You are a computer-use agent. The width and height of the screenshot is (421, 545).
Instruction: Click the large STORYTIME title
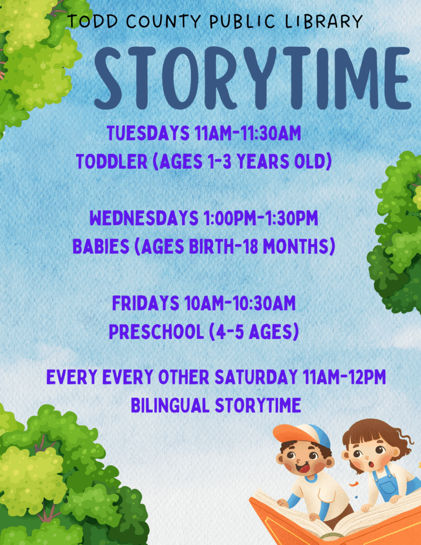tap(253, 78)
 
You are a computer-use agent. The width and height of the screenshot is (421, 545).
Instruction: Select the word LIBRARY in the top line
tap(324, 21)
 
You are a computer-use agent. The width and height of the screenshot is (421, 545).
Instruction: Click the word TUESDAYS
tap(148, 133)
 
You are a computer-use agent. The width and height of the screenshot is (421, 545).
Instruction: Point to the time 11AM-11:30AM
tap(248, 133)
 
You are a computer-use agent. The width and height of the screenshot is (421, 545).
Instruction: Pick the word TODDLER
tap(112, 162)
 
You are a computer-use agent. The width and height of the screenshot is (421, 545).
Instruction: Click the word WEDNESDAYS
tap(144, 218)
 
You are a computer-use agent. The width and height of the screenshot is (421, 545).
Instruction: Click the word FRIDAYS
tap(146, 303)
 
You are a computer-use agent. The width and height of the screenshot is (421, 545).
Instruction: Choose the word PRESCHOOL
tap(156, 332)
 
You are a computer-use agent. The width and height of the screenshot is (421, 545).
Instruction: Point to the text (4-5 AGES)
tap(254, 332)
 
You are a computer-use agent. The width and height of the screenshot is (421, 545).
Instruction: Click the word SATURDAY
tap(256, 377)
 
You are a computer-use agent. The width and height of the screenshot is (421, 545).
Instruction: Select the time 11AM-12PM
tap(344, 377)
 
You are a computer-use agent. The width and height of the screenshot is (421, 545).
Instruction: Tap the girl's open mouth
tap(372, 464)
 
